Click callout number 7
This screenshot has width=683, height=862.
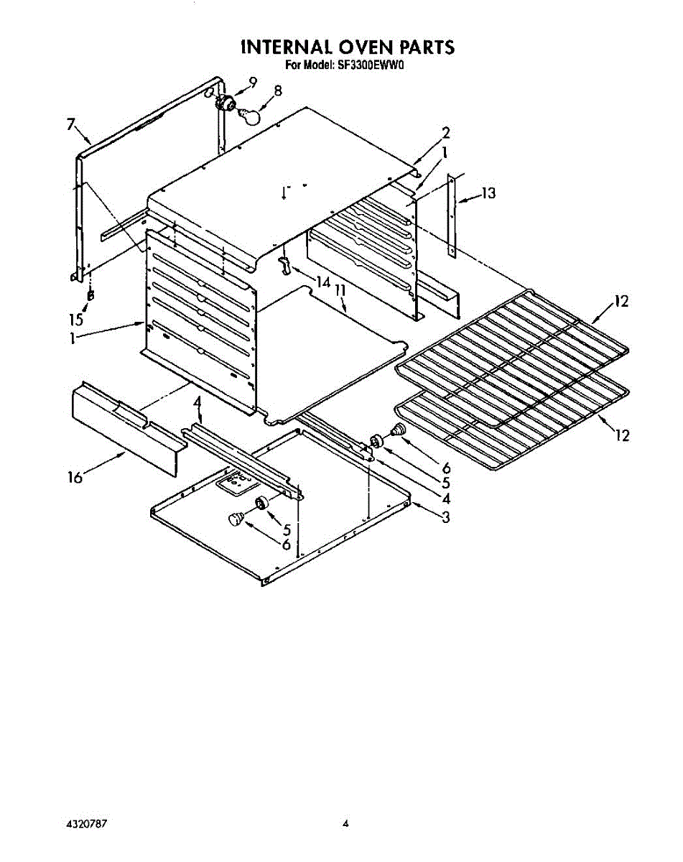tap(70, 125)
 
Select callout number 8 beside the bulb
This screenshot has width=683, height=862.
tap(278, 91)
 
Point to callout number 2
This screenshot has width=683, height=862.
tap(446, 132)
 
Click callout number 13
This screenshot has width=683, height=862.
tap(488, 193)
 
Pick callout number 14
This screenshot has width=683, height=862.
tap(321, 281)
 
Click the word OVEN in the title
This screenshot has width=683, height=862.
tap(352, 47)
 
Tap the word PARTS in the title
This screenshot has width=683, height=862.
tap(421, 47)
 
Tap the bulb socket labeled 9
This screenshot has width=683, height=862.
tap(228, 103)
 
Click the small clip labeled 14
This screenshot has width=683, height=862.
tap(286, 265)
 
